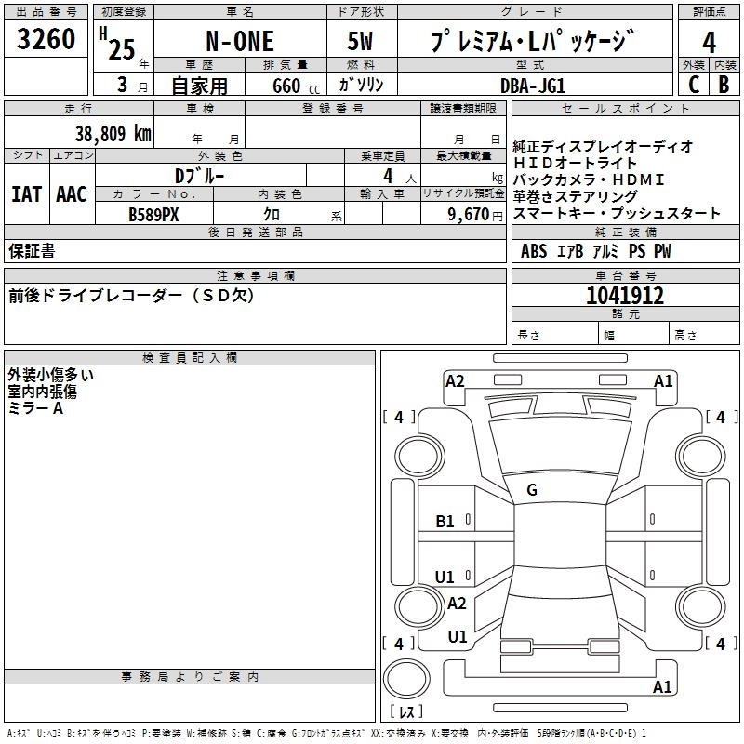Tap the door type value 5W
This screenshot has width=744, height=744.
[x=362, y=43]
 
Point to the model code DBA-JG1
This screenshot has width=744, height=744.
[x=532, y=85]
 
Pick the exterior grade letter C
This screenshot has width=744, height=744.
[x=693, y=84]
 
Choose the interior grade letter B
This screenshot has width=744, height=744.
[x=724, y=84]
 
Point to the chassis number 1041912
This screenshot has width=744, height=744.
[x=625, y=297]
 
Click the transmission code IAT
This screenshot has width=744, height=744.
[x=26, y=194]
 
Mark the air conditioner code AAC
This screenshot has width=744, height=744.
[x=71, y=194]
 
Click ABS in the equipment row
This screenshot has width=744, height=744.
[x=534, y=251]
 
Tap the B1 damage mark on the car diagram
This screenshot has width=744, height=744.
[x=445, y=522]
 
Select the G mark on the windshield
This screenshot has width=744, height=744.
[x=532, y=490]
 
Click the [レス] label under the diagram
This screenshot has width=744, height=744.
[x=406, y=712]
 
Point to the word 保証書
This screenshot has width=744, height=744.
[x=32, y=251]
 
